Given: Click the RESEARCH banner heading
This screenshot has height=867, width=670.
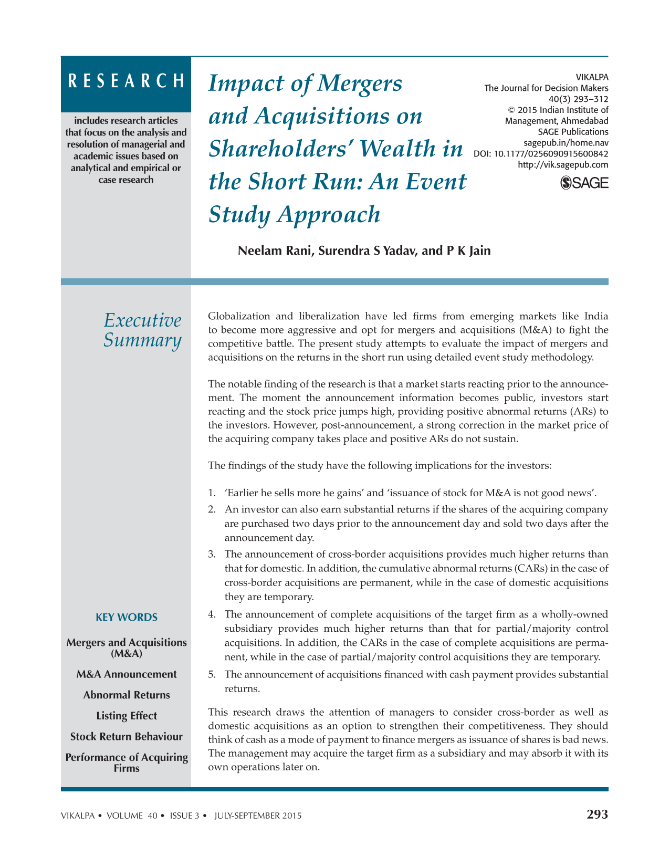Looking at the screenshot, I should coord(126,81).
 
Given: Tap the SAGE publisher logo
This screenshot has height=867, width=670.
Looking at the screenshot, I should coord(584,183).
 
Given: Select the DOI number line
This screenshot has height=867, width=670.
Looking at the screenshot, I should coord(541,154).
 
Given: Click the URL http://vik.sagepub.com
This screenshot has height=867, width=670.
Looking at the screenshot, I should coord(563,165).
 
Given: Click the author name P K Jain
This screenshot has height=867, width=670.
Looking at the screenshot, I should coord(468,250).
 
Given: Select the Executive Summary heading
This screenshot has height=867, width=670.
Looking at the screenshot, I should coord(142,330).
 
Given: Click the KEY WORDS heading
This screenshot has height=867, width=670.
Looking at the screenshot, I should coord(127,618).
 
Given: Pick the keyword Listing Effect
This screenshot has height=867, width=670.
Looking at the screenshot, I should coord(127,716).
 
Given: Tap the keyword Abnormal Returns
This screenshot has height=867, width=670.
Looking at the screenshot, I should coord(127,695).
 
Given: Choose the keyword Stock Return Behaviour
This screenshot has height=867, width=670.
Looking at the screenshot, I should coord(127,736).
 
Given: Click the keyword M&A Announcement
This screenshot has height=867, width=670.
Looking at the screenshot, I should coord(127,674).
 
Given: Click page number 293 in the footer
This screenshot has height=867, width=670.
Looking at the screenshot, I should coord(597,814).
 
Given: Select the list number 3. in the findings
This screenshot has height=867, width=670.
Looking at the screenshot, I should coord(212,554).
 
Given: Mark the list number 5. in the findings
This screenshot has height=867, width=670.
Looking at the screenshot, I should coord(212,674).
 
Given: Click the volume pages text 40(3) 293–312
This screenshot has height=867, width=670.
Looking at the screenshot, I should coord(578,99).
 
